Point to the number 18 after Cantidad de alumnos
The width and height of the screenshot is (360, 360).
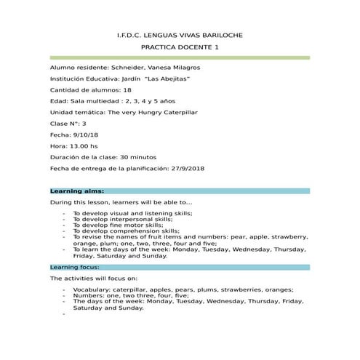point(128,89)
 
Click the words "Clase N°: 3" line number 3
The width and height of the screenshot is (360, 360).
point(84,124)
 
